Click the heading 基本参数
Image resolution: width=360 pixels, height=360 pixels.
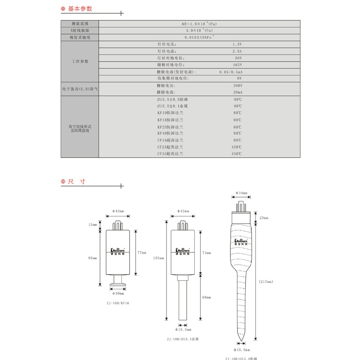(x=80, y=9)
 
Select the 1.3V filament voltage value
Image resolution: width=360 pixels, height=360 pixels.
(x=237, y=45)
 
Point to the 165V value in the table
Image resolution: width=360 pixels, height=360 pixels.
(x=238, y=65)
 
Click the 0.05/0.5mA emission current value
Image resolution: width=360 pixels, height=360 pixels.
(x=231, y=72)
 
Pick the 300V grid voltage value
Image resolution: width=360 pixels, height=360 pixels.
(x=238, y=85)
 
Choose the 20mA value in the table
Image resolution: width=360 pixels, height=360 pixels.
(x=238, y=92)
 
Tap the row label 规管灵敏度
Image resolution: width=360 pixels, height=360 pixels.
(x=80, y=37)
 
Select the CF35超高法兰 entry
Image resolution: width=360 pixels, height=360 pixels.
(x=170, y=153)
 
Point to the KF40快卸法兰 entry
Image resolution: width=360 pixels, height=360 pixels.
(x=170, y=133)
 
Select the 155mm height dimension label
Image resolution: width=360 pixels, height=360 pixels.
(x=157, y=258)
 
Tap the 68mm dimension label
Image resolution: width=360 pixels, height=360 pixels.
(x=206, y=297)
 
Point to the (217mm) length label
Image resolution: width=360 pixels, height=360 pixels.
(x=266, y=282)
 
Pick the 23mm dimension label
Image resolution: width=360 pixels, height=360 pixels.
(x=264, y=218)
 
